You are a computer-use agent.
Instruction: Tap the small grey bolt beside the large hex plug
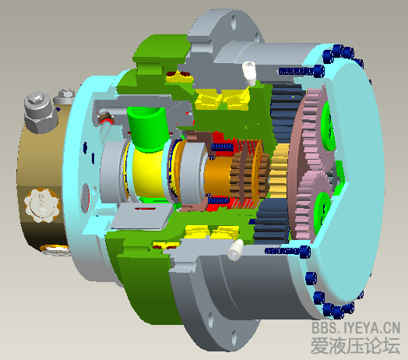pos(64,99)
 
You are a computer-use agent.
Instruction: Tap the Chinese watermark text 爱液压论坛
pos(354,345)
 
